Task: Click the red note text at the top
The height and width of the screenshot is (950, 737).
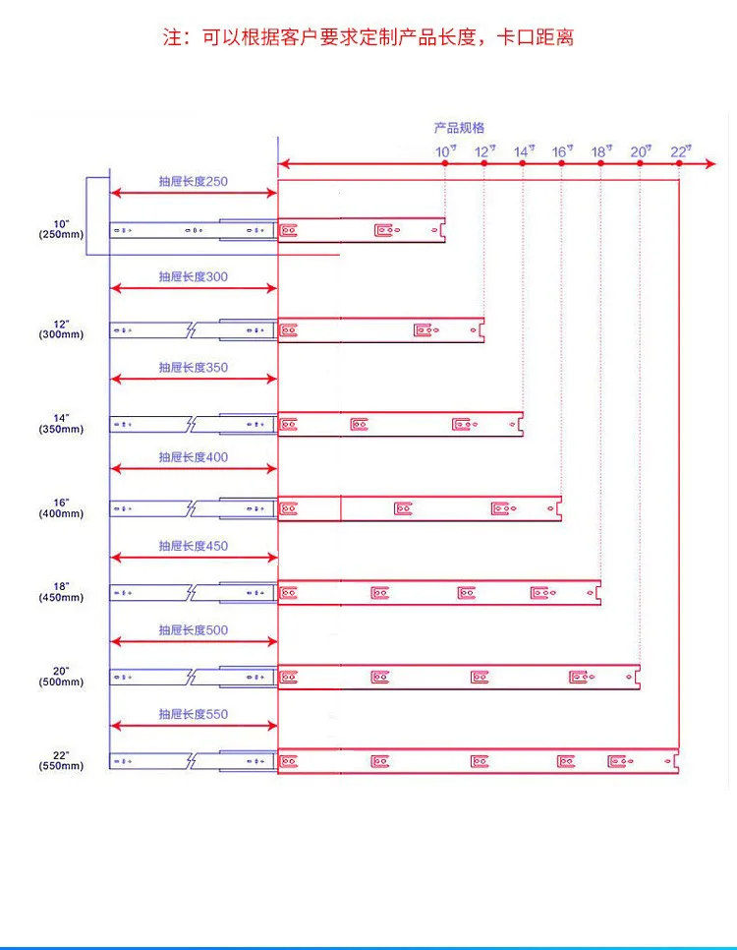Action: tap(368, 38)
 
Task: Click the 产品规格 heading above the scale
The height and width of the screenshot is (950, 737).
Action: tap(459, 128)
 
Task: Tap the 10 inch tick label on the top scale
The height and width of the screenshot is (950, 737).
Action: tap(444, 151)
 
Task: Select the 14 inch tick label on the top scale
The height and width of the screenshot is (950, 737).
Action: tap(522, 151)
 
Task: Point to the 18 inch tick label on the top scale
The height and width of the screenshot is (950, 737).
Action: tap(600, 151)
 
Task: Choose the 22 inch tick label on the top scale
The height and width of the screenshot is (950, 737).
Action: tap(680, 151)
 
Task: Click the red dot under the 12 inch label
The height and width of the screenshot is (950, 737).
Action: tap(483, 163)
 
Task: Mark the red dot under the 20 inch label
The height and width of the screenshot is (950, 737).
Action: tap(640, 163)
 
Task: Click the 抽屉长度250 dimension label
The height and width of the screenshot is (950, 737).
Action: tap(194, 182)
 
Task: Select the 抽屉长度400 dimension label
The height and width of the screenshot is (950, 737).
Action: tap(194, 457)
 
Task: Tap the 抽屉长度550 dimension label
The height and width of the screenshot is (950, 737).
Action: tap(194, 714)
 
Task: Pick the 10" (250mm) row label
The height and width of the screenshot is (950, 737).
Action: tap(62, 229)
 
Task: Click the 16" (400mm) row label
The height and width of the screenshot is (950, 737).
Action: tap(62, 507)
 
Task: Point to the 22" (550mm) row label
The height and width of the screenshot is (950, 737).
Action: tap(62, 760)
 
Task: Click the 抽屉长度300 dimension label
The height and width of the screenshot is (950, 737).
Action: tap(194, 276)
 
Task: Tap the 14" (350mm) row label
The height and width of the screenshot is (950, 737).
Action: tap(62, 424)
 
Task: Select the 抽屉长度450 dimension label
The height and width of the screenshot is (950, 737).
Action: tap(194, 546)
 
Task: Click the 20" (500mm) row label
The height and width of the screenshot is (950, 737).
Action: tap(62, 677)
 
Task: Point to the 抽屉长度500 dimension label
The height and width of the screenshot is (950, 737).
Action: tap(194, 629)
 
